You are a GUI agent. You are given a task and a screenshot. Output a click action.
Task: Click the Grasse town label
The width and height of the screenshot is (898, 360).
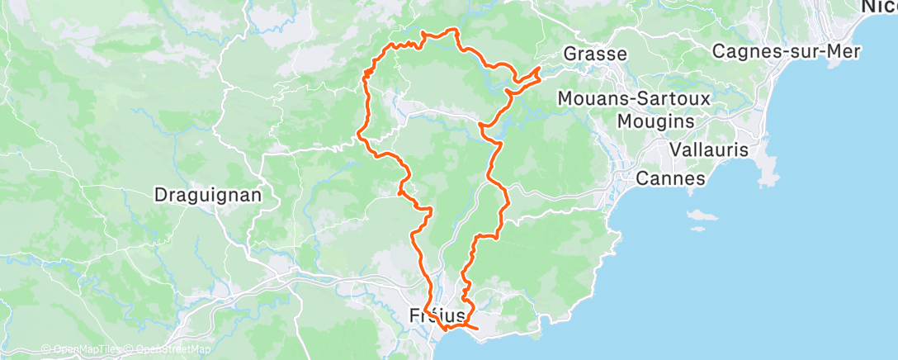pos(594,54)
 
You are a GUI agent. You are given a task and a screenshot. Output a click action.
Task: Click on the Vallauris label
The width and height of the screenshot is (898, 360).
pos(709,150)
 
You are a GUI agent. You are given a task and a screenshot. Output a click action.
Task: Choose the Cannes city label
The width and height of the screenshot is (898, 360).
pos(670,178)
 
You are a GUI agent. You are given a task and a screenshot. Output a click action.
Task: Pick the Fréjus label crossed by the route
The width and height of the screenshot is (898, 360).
pos(437,315)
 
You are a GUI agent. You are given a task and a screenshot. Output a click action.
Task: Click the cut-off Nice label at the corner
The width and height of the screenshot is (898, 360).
pos(879,7)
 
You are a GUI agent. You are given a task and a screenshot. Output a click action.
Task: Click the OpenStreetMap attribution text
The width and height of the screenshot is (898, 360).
pos(169,349)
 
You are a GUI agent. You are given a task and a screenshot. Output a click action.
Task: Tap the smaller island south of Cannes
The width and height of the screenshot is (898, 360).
pos(705,225)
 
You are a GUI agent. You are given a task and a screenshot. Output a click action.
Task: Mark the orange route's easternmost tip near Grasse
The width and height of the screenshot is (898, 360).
pos(540,68)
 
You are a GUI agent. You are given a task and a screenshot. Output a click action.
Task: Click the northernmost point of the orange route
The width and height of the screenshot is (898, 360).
pos(451,30)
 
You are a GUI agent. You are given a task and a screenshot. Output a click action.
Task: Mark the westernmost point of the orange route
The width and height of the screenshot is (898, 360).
pos(357,133)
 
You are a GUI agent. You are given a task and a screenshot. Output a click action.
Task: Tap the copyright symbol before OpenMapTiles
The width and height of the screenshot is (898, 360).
pos(46,349)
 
